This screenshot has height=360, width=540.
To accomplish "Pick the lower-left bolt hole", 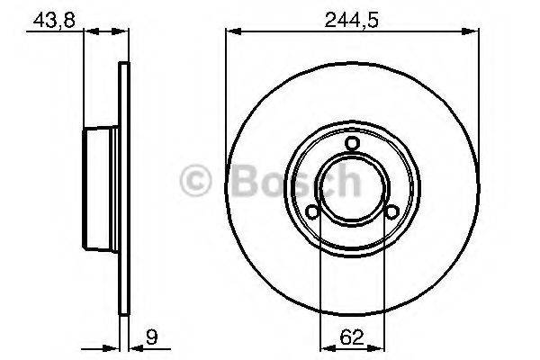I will (312, 212).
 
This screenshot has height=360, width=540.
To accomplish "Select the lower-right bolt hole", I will (392, 212).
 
